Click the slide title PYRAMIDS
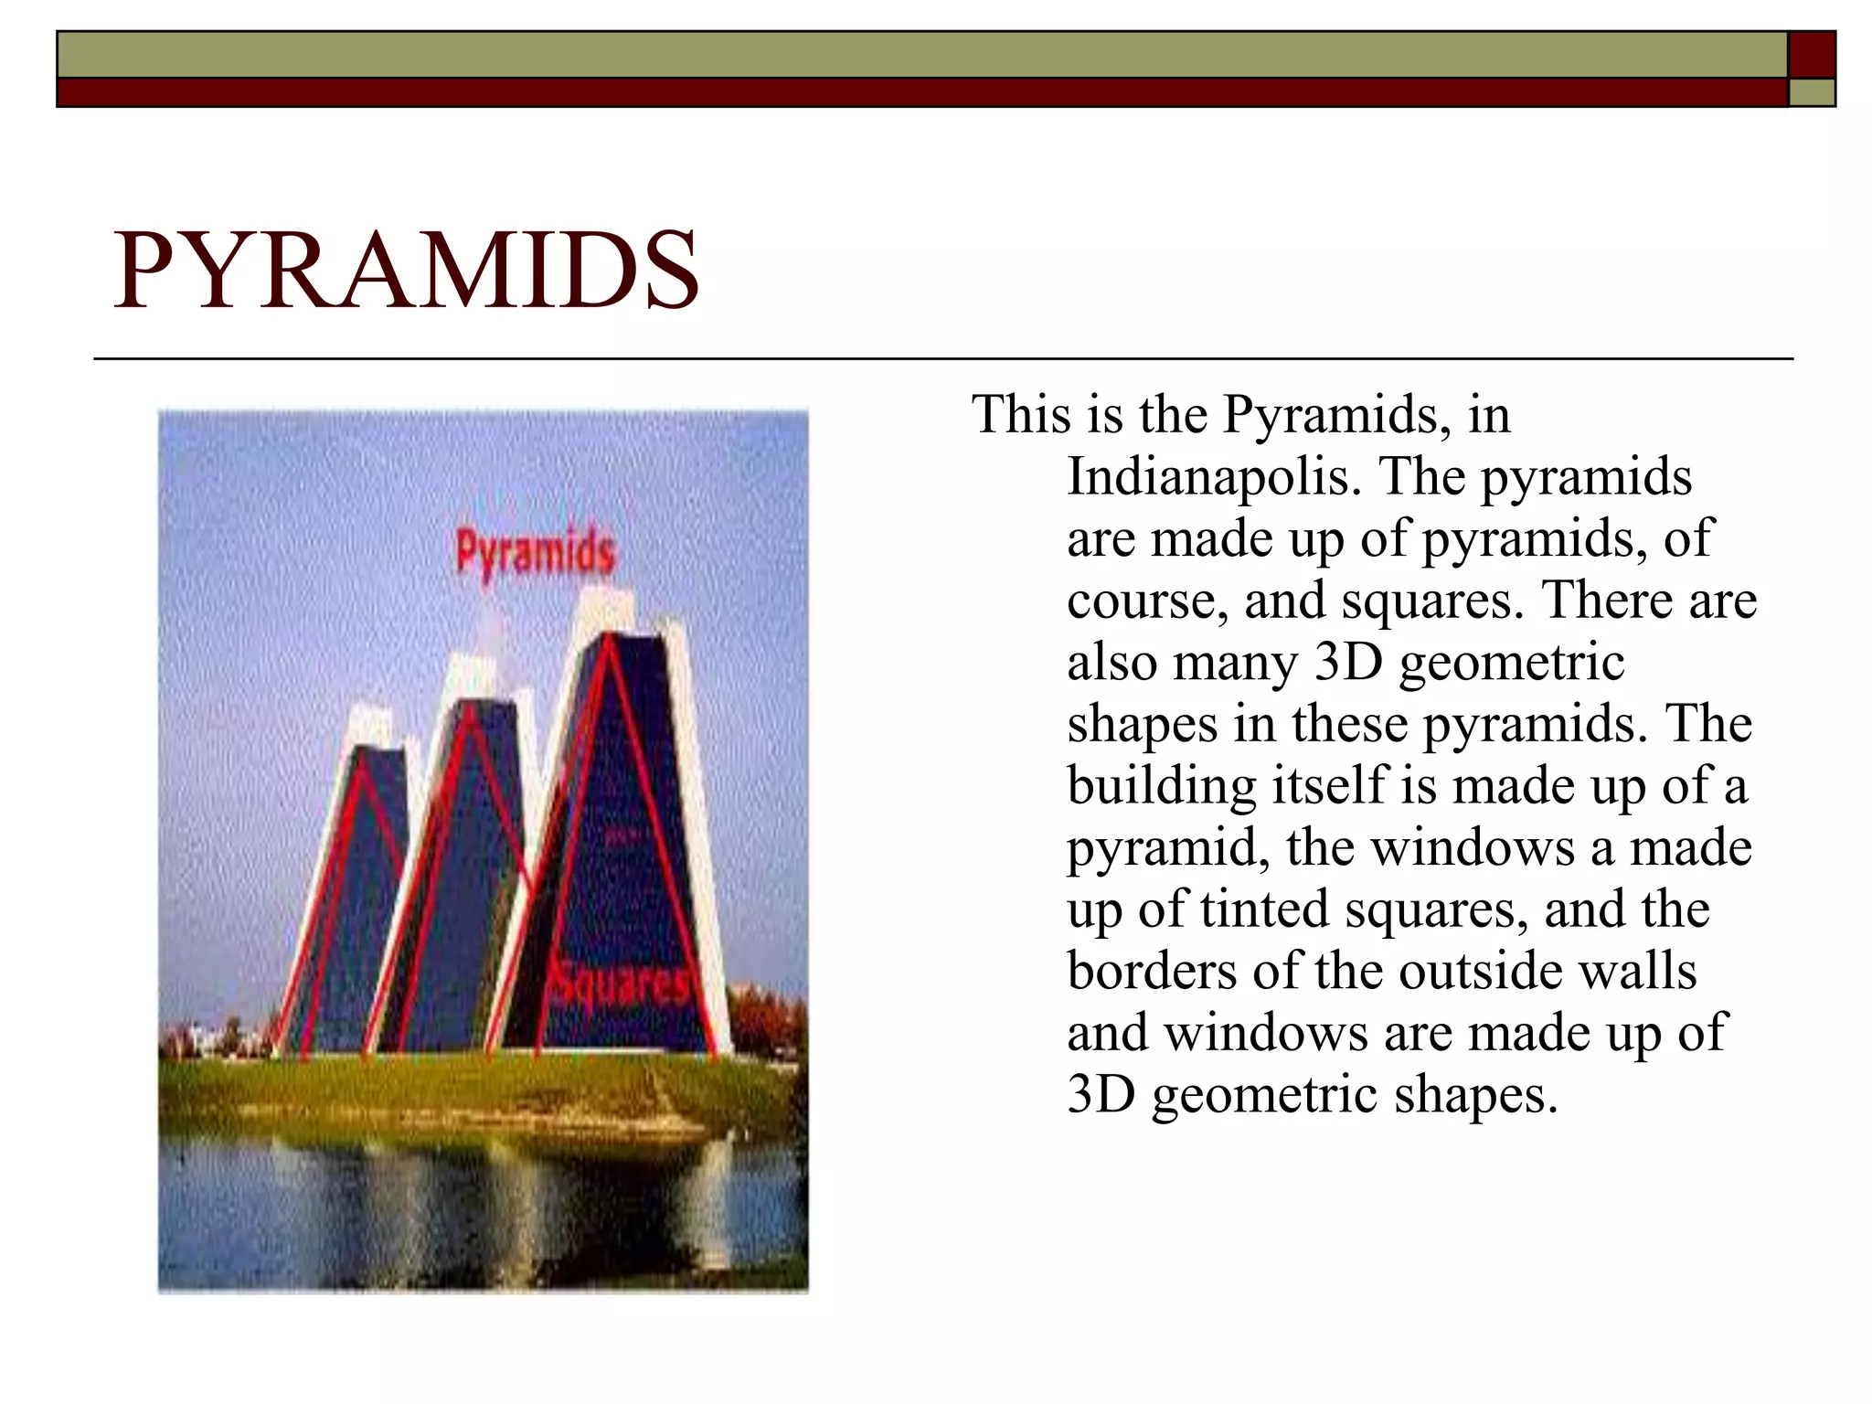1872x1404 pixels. [406, 271]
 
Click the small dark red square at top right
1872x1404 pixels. [1811, 55]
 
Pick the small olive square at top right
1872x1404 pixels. [1811, 92]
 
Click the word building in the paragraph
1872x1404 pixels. [1161, 786]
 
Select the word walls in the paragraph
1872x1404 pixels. [1638, 971]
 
